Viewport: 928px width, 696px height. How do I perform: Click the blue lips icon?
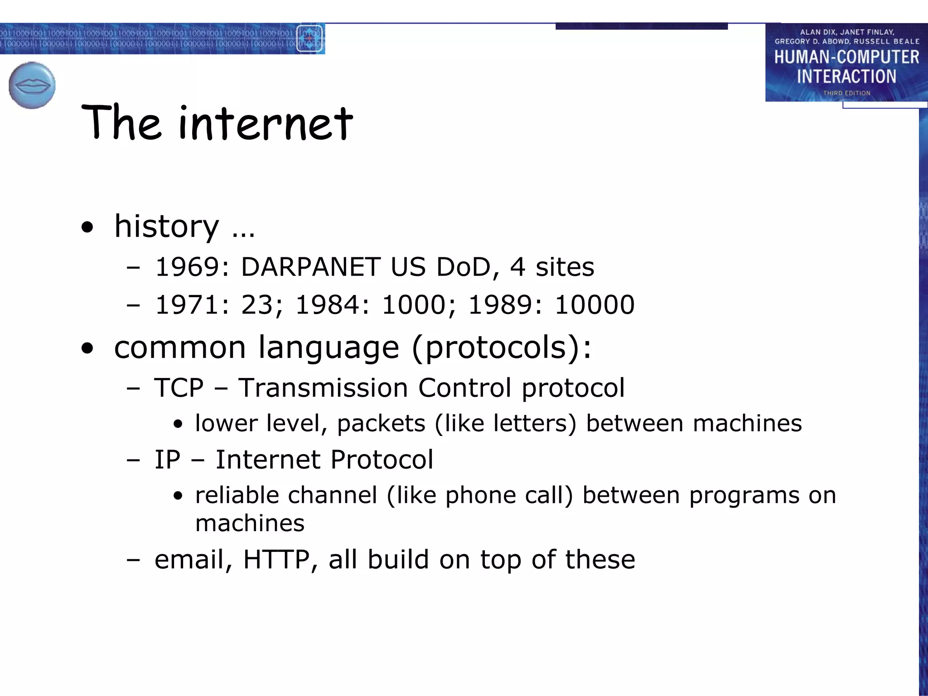[32, 85]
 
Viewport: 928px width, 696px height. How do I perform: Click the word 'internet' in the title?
[266, 123]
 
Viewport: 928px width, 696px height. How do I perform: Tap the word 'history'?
[166, 226]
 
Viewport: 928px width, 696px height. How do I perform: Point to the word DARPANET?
[310, 267]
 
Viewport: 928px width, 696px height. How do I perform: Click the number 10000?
[594, 304]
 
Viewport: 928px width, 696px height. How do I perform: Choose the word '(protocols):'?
[502, 348]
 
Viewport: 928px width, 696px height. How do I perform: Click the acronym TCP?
[179, 388]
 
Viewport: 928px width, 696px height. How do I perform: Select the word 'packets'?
[381, 424]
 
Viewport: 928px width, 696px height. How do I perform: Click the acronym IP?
[167, 459]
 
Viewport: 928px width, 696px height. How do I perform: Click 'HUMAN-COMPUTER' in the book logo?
[846, 57]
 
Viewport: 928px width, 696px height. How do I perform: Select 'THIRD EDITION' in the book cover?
[846, 93]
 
